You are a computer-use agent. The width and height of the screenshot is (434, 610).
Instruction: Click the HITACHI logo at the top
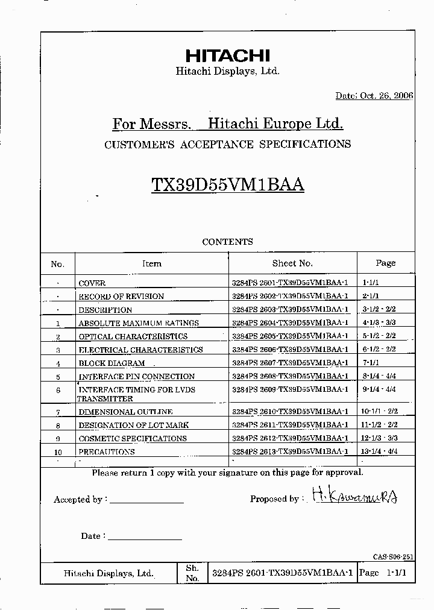coord(227,56)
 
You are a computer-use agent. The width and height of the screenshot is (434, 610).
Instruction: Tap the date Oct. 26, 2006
coord(374,96)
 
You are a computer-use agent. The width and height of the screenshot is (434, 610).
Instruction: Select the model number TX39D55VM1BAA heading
coord(228,184)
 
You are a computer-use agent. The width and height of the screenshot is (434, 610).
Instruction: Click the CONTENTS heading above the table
coord(227,242)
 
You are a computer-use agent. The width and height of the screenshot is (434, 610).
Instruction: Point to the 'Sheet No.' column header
coord(292,263)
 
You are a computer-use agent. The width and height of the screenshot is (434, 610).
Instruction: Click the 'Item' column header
coord(151,263)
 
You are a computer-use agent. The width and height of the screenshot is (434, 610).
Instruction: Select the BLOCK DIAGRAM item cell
coord(112,363)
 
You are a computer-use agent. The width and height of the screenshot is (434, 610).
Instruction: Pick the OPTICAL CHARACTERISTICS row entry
coord(133,337)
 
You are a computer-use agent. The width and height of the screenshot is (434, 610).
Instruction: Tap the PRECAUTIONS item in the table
coord(107,452)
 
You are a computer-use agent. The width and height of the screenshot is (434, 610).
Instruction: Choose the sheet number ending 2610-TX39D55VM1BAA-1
coord(290,412)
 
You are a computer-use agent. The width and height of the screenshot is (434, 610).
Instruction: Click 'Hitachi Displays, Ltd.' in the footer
coord(108,574)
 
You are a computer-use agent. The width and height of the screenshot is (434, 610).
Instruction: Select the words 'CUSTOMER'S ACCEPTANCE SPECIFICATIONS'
coord(227,145)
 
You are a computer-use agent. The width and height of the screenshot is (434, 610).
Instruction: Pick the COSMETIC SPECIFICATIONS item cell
coord(133,439)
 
